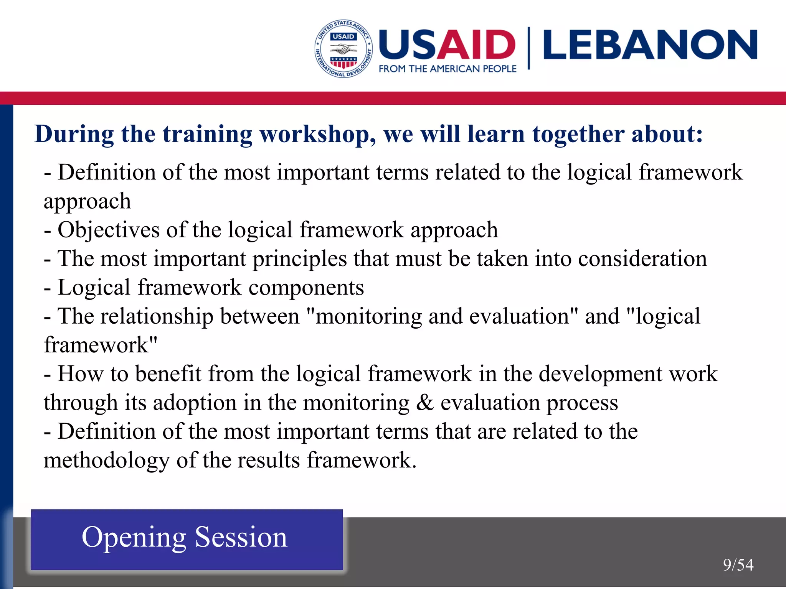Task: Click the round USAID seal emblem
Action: tap(343, 49)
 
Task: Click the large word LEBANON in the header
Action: tap(650, 45)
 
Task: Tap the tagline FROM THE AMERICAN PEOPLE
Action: tap(447, 69)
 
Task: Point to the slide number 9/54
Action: tap(738, 565)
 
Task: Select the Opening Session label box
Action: tap(187, 539)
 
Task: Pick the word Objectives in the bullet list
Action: tap(108, 230)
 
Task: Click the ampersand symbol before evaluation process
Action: tap(425, 403)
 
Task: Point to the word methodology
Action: tap(106, 461)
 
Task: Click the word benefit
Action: tap(168, 374)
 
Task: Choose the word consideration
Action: tap(642, 259)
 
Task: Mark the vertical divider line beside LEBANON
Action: tap(529, 48)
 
